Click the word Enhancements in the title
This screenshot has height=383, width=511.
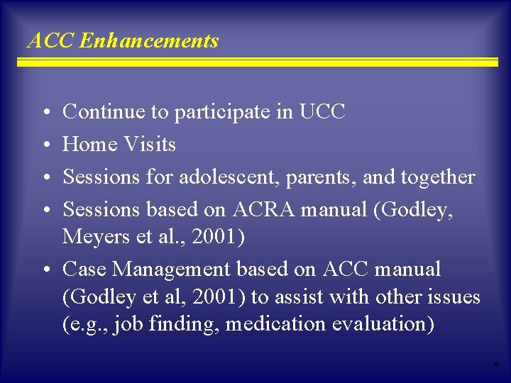click(x=149, y=41)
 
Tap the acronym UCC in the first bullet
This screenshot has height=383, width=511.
click(x=322, y=112)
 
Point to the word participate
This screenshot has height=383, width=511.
click(x=226, y=113)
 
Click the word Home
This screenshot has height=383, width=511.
click(x=90, y=145)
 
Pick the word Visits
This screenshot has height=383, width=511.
click(x=149, y=145)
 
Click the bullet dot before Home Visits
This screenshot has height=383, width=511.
click(x=45, y=145)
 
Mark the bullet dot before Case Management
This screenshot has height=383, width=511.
click(x=45, y=270)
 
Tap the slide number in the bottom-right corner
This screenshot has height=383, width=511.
click(x=496, y=364)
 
